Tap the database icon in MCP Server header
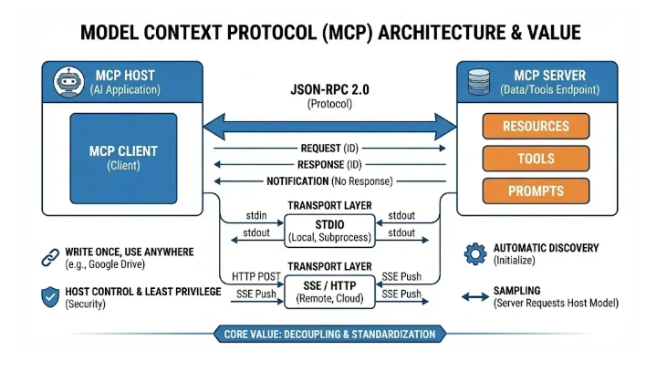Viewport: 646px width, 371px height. (x=476, y=81)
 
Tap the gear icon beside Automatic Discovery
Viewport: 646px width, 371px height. (x=474, y=252)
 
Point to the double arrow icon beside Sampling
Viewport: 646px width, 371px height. (x=474, y=295)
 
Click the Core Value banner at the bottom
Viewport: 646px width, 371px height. (x=329, y=335)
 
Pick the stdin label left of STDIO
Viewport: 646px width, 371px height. (x=258, y=216)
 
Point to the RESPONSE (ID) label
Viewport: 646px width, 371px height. (x=328, y=164)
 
